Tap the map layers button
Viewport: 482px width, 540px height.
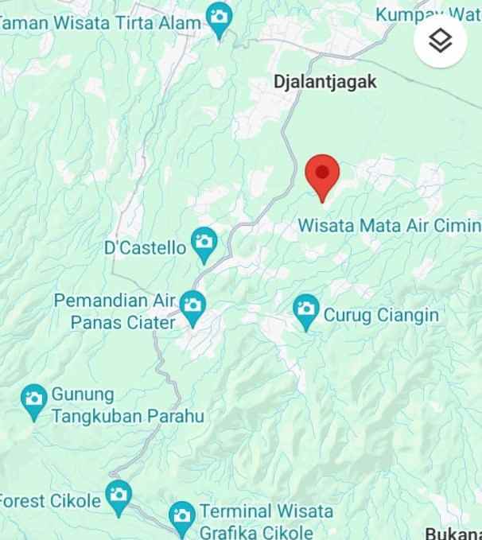pyautogui.click(x=440, y=40)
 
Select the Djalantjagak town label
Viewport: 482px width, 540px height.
pyautogui.click(x=325, y=81)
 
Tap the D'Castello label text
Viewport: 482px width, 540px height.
pyautogui.click(x=146, y=247)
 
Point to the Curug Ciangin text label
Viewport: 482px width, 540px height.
pyautogui.click(x=381, y=315)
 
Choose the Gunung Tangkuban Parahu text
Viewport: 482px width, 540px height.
pyautogui.click(x=127, y=405)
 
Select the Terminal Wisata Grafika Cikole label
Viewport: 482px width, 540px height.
pyautogui.click(x=266, y=521)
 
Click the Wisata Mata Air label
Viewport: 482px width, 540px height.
pyautogui.click(x=389, y=225)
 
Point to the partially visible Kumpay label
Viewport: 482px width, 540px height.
pyautogui.click(x=428, y=14)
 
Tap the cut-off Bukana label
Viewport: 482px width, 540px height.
pyautogui.click(x=453, y=533)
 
